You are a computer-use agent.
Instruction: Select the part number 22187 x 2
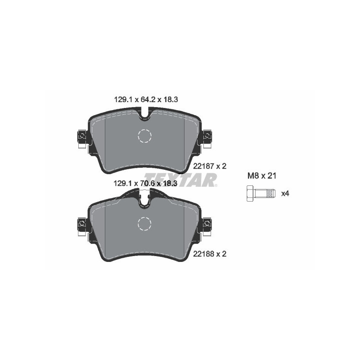pyautogui.click(x=209, y=166)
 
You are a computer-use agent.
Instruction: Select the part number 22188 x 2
pyautogui.click(x=209, y=254)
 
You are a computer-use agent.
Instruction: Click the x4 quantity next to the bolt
pyautogui.click(x=285, y=193)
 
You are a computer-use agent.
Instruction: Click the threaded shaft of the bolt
pyautogui.click(x=265, y=193)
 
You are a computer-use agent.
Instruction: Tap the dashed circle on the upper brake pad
pyautogui.click(x=144, y=136)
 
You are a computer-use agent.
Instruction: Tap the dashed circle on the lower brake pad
pyautogui.click(x=144, y=224)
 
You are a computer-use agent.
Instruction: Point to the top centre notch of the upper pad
pyautogui.click(x=144, y=116)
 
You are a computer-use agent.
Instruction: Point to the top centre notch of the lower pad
pyautogui.click(x=144, y=201)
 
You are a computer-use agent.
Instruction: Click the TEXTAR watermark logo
pyautogui.click(x=180, y=180)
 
